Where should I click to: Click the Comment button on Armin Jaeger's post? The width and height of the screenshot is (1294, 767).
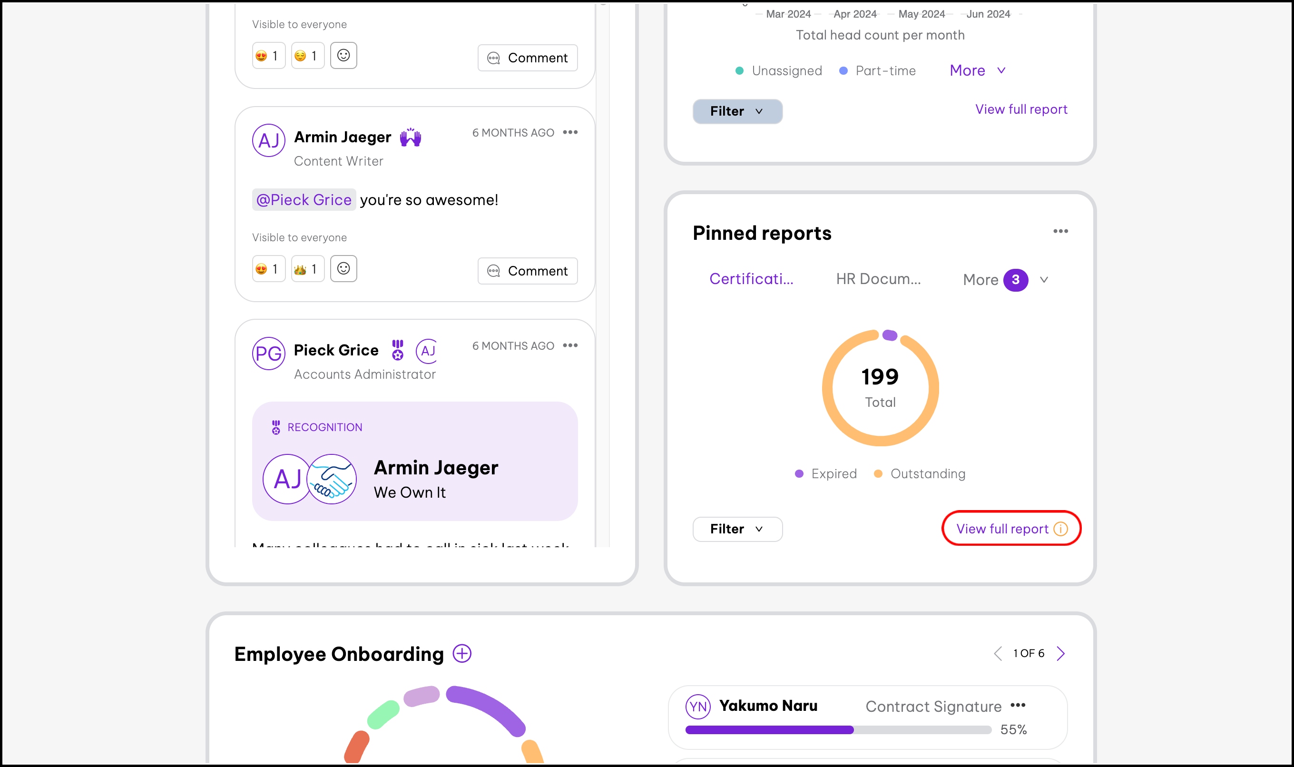tap(527, 271)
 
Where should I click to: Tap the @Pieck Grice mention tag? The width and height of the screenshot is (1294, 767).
tap(304, 200)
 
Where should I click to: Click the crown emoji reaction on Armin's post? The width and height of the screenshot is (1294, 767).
tap(307, 269)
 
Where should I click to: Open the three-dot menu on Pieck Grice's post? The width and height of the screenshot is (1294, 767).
tap(570, 346)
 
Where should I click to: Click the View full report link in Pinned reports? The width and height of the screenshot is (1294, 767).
tap(1002, 529)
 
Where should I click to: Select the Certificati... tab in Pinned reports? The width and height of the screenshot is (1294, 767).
tap(751, 279)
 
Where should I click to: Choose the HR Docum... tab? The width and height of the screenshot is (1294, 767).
tap(878, 279)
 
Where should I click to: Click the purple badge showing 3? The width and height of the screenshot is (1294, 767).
tap(1016, 280)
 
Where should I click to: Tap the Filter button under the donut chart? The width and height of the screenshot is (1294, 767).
tap(737, 529)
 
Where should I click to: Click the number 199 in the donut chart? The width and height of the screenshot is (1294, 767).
tap(880, 377)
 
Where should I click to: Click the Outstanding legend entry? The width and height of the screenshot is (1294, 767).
tap(920, 473)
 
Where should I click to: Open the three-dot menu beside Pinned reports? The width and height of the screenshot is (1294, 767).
tap(1060, 231)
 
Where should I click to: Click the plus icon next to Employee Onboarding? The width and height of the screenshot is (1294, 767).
tap(462, 653)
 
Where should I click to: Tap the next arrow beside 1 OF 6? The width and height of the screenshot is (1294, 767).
tap(1061, 653)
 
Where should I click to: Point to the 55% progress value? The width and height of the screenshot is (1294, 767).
tap(1013, 729)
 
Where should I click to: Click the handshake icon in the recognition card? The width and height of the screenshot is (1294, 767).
tap(332, 479)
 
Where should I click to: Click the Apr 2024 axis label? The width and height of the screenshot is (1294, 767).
tap(855, 14)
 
